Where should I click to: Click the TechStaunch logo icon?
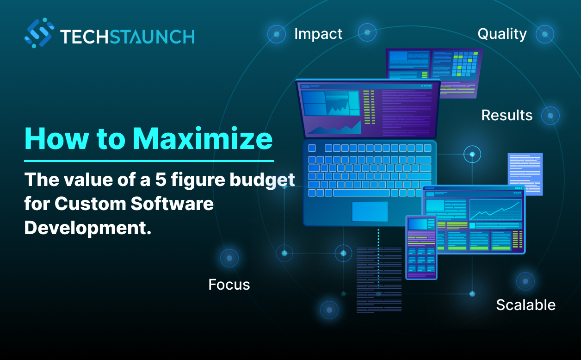click(39, 33)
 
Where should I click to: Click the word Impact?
click(318, 34)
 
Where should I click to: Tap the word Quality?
click(502, 34)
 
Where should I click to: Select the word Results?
click(507, 115)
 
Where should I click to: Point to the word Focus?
click(229, 285)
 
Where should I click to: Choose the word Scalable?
click(525, 305)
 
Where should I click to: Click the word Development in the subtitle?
click(88, 228)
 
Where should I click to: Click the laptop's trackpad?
click(370, 211)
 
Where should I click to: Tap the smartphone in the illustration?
click(421, 247)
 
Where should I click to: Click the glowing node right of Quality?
click(545, 34)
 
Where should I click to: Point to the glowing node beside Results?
click(550, 115)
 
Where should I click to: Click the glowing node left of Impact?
click(277, 34)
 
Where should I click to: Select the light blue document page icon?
click(525, 174)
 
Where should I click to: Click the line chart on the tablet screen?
click(495, 210)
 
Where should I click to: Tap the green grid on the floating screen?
click(464, 63)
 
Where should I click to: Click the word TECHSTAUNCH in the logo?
click(127, 36)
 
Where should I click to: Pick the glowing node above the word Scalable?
click(525, 281)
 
